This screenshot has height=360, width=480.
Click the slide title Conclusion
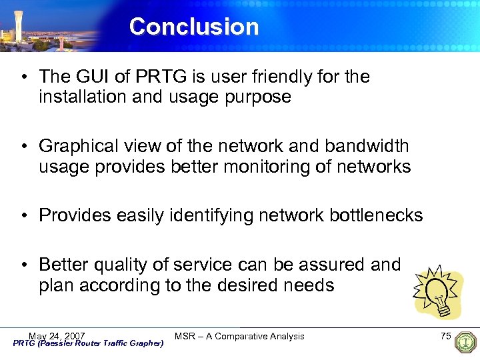coord(194,27)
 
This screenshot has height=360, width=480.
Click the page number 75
coord(446,336)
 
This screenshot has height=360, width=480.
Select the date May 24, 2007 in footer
coord(57,335)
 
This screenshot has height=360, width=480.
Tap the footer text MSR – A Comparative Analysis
coord(239,336)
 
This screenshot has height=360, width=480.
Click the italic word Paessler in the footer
coord(56,343)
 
